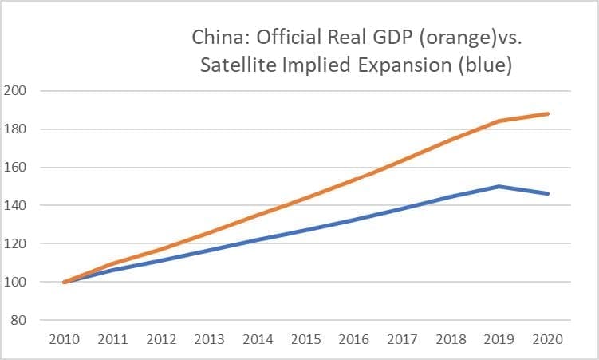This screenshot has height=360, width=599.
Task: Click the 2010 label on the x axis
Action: click(64, 339)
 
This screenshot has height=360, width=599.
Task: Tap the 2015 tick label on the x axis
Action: click(306, 339)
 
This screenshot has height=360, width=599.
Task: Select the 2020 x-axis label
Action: click(548, 339)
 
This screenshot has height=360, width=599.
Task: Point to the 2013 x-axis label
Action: click(209, 339)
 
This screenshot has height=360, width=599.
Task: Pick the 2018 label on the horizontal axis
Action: click(451, 339)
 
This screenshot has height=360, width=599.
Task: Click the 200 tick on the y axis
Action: click(18, 91)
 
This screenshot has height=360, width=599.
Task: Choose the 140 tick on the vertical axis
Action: click(18, 206)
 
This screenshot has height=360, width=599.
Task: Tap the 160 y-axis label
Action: click(18, 168)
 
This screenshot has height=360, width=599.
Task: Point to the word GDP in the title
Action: click(382, 38)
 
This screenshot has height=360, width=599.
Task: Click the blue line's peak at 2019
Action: click(499, 187)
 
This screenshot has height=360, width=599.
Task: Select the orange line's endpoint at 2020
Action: click(548, 113)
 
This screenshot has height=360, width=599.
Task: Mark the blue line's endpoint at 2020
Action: click(548, 194)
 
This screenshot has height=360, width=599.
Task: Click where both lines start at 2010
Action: click(64, 282)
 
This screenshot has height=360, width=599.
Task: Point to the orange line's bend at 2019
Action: click(499, 121)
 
